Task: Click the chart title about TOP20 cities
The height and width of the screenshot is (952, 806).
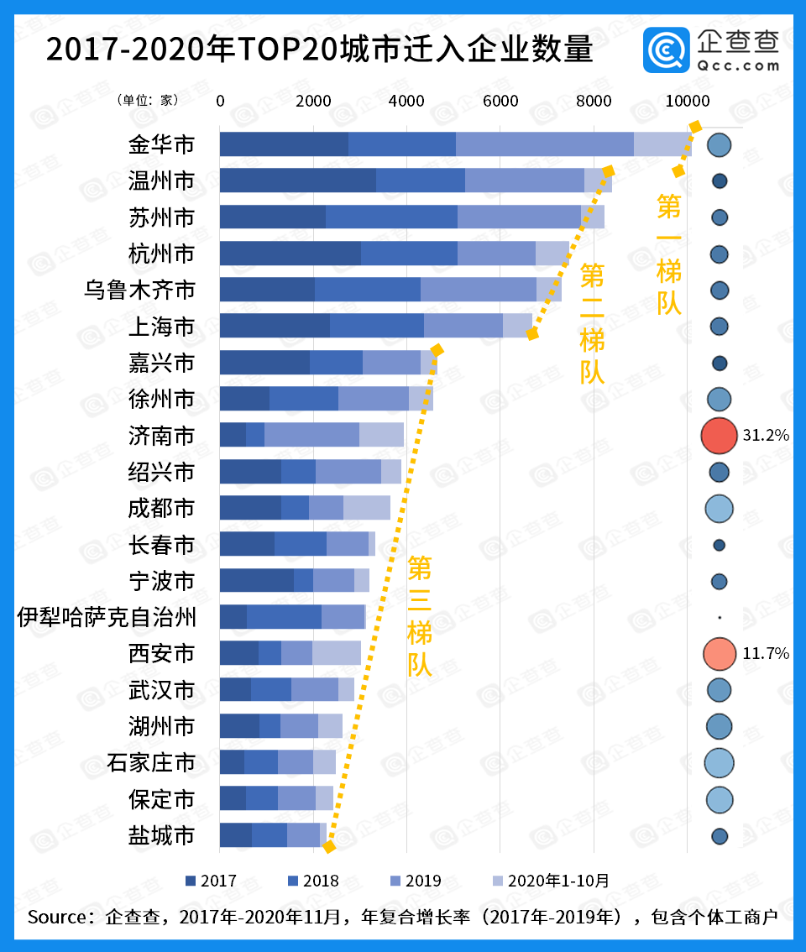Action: pos(319,50)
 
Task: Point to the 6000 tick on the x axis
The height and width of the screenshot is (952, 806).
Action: pos(500,101)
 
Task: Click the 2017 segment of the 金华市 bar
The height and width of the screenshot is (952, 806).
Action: pos(284,144)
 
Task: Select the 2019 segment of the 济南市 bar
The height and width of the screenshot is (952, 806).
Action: pos(311,435)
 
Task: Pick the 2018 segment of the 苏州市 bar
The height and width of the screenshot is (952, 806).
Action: pos(391,217)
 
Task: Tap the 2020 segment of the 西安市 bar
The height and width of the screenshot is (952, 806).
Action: pos(336,653)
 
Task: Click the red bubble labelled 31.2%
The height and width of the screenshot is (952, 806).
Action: pos(718,435)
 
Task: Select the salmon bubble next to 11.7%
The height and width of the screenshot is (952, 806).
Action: pos(718,653)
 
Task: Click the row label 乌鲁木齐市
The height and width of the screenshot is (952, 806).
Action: pos(139,290)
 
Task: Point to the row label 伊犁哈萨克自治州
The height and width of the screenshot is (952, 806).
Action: pos(107,618)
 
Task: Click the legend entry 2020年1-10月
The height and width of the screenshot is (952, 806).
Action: pos(549,881)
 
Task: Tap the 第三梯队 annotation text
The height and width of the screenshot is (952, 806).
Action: pos(420,617)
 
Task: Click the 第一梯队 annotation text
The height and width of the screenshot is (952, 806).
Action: pos(669,254)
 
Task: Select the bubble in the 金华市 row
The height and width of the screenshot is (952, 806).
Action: pos(719,144)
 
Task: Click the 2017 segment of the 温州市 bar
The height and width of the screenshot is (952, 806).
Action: pos(297,180)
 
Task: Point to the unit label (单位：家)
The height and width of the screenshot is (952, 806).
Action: pos(148,100)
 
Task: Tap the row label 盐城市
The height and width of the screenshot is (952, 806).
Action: pos(161,835)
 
